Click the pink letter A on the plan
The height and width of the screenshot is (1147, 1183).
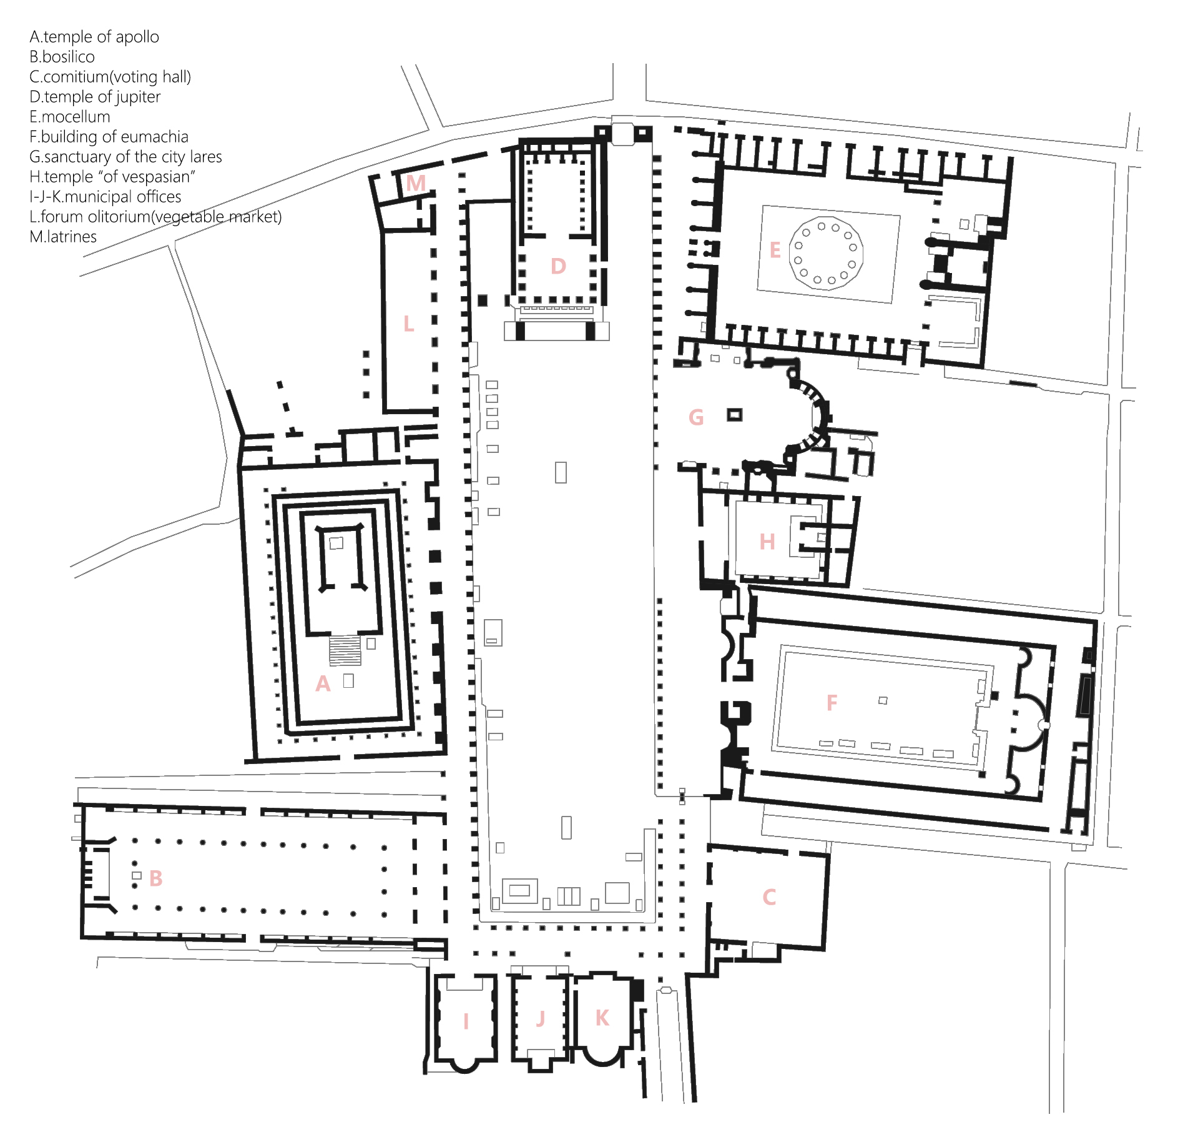tap(323, 683)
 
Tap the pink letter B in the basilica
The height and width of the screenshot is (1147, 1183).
tap(156, 878)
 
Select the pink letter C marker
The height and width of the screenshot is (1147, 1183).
tap(769, 897)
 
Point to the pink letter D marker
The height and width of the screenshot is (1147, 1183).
tap(558, 266)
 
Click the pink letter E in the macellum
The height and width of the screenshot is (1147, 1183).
tap(775, 251)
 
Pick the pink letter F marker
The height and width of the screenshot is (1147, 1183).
tap(832, 703)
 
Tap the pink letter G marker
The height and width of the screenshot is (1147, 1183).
tap(696, 417)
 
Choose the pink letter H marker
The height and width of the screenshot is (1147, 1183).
tap(767, 542)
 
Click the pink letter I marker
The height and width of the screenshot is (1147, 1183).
tap(466, 1021)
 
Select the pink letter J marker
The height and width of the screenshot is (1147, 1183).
tap(541, 1019)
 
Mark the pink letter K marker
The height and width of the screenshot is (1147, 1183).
tap(602, 1018)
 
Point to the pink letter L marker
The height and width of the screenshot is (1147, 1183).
tap(408, 324)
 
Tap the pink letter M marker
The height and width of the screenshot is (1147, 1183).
tap(416, 183)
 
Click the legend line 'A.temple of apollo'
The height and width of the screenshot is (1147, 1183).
tap(94, 37)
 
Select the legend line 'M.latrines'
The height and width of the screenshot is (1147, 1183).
tap(63, 237)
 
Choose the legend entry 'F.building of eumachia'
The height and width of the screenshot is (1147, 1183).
tap(109, 137)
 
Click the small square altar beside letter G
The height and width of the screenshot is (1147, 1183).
tap(735, 415)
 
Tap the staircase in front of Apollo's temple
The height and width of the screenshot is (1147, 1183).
tap(345, 650)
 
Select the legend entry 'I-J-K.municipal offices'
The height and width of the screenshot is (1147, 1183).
tap(105, 197)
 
